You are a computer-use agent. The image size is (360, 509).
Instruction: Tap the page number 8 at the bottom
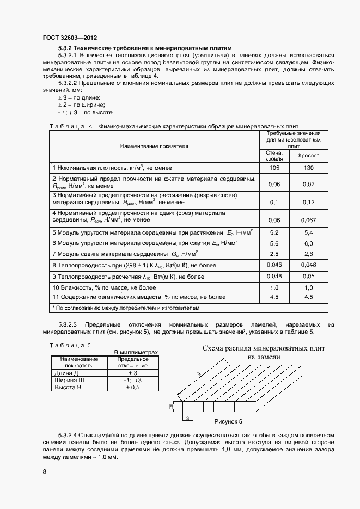tap(45, 471)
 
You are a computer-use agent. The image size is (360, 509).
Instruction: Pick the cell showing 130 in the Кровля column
tap(308, 168)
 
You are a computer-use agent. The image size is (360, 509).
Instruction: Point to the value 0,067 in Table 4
tap(308, 220)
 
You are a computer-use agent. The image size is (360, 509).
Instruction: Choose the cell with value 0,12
tap(308, 202)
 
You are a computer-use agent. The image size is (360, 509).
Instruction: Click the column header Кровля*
tap(308, 156)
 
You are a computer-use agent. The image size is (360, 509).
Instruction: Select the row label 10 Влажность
tap(104, 287)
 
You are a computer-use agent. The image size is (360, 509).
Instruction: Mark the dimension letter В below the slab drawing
tap(187, 418)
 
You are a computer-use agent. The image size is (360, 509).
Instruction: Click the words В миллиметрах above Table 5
tap(136, 352)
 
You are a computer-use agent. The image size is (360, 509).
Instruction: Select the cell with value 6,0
tap(308, 243)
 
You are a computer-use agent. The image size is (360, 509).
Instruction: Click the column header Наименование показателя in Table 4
tap(154, 146)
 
